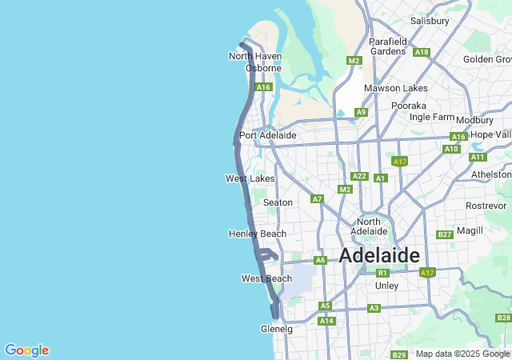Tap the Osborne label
(x=262, y=68)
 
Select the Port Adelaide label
(x=268, y=135)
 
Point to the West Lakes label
(x=250, y=178)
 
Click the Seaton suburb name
(x=278, y=202)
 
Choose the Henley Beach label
(x=257, y=234)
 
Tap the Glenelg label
(x=277, y=329)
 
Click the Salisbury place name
(x=430, y=21)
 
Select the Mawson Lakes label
(x=395, y=88)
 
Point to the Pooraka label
(x=410, y=106)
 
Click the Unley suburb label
(x=386, y=285)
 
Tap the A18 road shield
(x=422, y=52)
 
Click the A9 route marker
(x=361, y=113)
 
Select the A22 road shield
(x=359, y=177)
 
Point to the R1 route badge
(x=382, y=273)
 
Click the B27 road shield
(x=446, y=234)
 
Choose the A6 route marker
(x=320, y=260)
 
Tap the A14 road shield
(x=326, y=321)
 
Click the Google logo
(x=26, y=350)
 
